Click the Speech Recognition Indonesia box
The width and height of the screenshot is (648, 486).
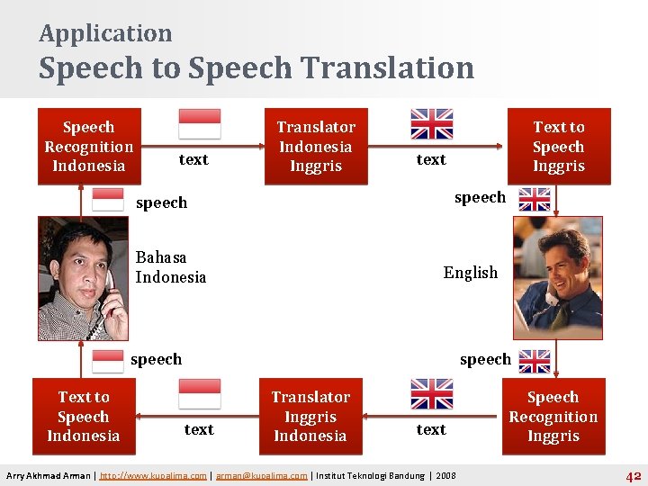point(88,147)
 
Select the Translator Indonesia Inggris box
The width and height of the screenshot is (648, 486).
point(315,147)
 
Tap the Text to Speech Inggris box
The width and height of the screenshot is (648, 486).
point(558,147)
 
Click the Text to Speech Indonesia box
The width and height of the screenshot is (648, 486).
point(83,416)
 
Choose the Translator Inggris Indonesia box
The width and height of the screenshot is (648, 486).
point(310,416)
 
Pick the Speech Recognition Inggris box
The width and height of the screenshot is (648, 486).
point(553,416)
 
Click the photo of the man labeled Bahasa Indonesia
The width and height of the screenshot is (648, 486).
point(83,279)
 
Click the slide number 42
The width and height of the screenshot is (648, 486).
point(633,476)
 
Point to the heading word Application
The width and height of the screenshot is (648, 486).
point(105,33)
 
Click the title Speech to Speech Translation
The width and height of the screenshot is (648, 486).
point(256,68)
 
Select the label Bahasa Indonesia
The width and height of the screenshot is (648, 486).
point(170,267)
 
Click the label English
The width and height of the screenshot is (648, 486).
point(470,273)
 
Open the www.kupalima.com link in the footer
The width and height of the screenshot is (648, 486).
point(154,476)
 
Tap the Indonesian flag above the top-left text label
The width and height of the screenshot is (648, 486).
point(199,123)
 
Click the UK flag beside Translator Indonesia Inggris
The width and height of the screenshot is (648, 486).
point(431,123)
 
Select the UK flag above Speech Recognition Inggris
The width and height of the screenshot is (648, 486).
point(535,361)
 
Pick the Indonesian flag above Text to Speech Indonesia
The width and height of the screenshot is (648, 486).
point(108,361)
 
